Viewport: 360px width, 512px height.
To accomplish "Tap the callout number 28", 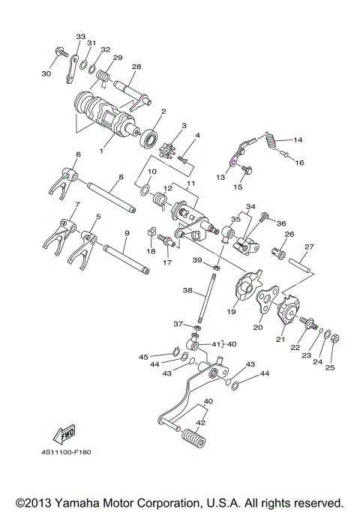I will pyautogui.click(x=136, y=67).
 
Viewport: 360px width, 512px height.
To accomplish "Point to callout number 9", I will pyautogui.click(x=127, y=234).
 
